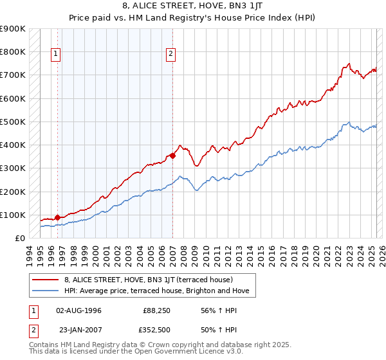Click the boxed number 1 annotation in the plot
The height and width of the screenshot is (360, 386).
[57, 55]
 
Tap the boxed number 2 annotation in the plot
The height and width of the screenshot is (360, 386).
[171, 55]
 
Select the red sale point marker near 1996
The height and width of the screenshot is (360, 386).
[57, 217]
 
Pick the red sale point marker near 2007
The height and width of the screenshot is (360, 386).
[172, 156]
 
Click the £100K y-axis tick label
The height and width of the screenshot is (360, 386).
[13, 215]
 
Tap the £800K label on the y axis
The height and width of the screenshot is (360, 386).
[13, 51]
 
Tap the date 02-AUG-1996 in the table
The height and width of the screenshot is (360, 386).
[79, 310]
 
